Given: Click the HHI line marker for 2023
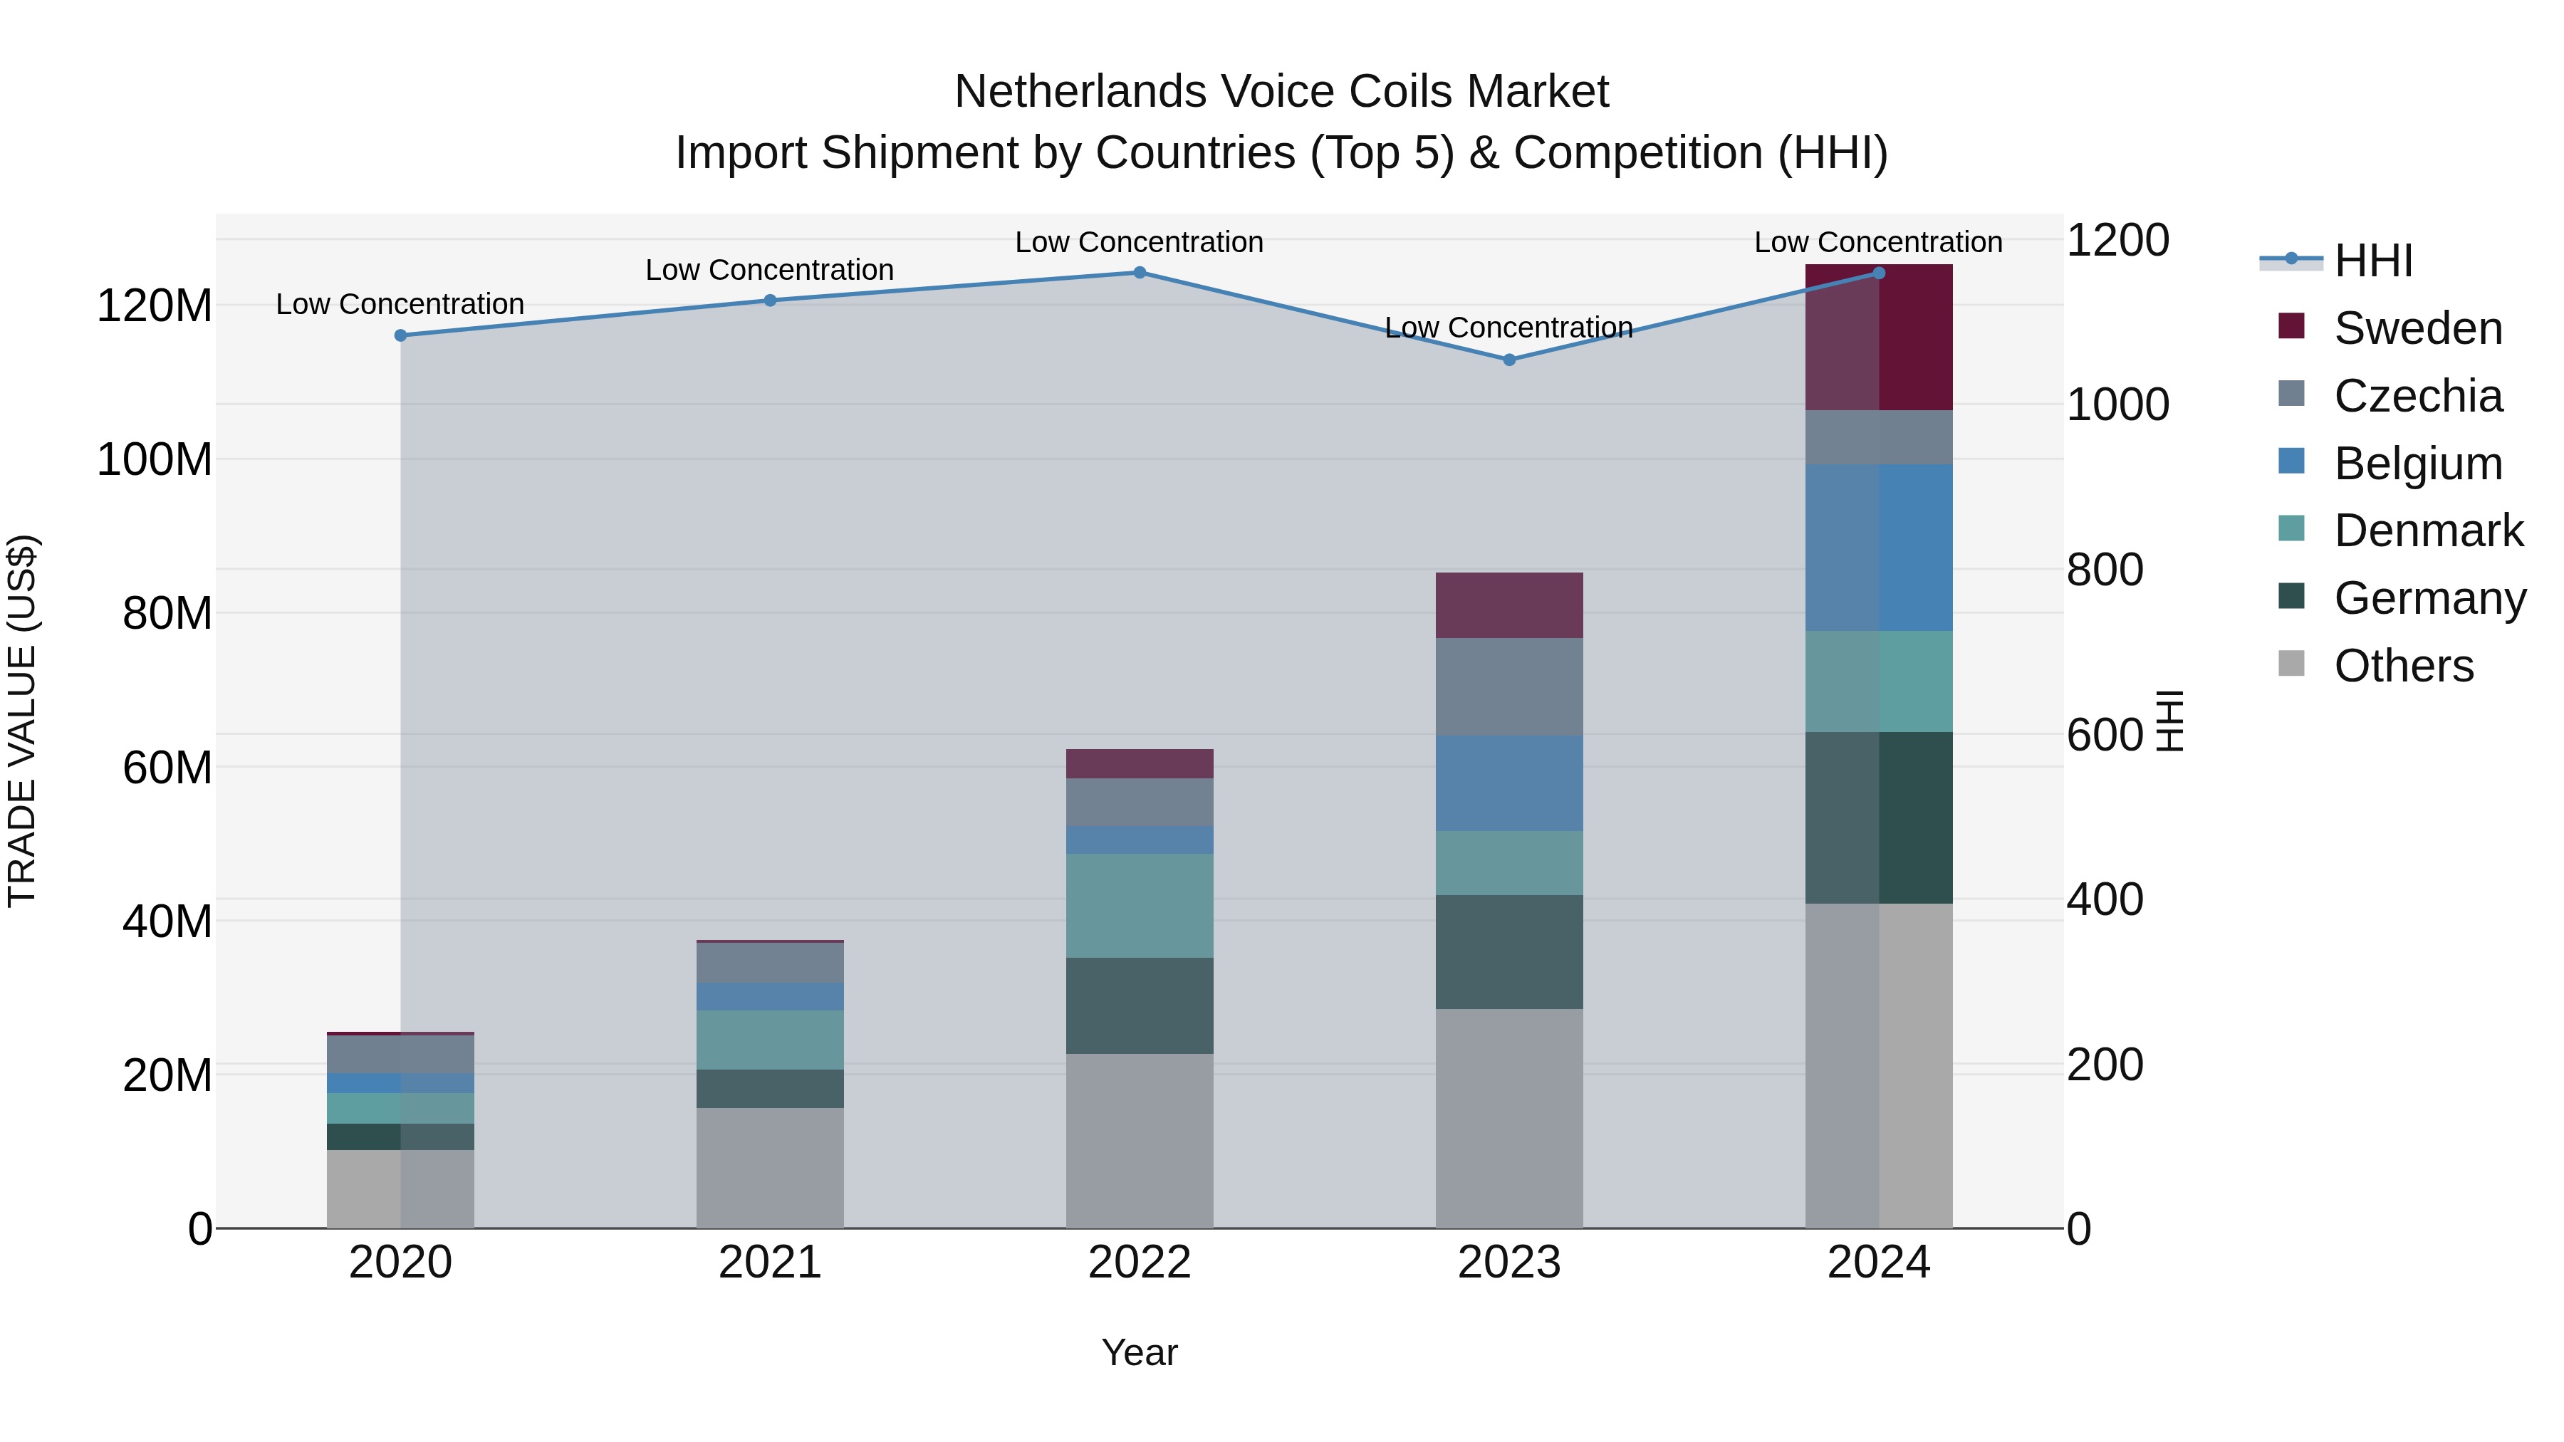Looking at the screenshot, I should pos(1509,360).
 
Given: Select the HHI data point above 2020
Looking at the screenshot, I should pos(401,335).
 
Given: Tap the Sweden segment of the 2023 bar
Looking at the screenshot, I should pos(1509,605).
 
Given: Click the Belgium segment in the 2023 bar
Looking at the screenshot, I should pos(1509,783).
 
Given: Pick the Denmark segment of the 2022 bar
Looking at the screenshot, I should pos(1140,906).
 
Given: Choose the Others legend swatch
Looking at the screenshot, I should pos(2291,664).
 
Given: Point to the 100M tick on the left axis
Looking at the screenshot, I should pos(155,460).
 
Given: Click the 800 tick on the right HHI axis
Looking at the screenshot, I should pos(2104,570).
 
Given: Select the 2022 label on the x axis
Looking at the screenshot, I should pos(1140,1263).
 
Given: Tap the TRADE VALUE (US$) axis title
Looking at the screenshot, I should pos(22,721).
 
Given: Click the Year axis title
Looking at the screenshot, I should pos(1140,1352).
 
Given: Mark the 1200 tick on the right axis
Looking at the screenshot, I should pos(2117,241).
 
